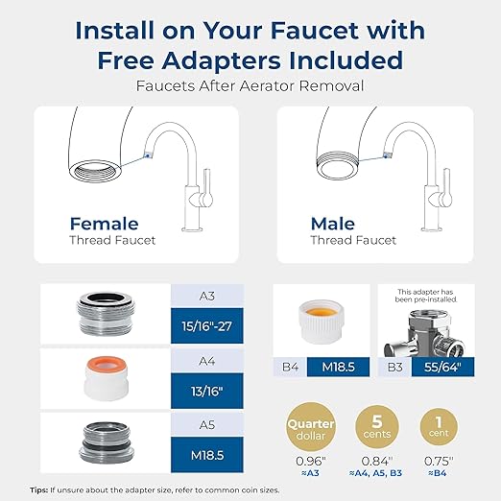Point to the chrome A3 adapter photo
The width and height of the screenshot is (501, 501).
point(105,312)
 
